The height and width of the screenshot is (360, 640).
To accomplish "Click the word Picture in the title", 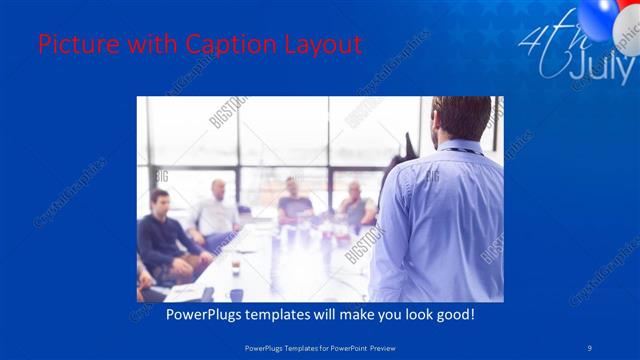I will click(x=75, y=45).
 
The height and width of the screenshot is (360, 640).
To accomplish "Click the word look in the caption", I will click(x=411, y=314).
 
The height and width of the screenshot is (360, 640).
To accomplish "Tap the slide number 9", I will click(x=590, y=347).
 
